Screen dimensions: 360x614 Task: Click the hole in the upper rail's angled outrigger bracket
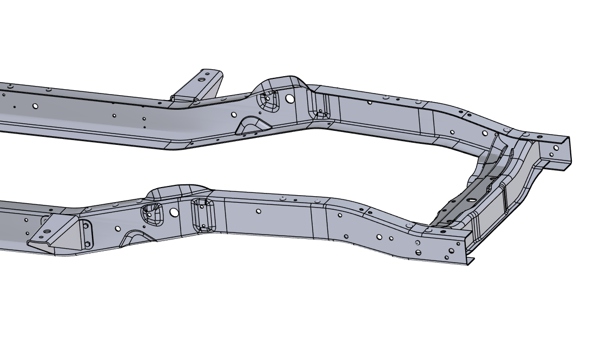(x=201, y=79)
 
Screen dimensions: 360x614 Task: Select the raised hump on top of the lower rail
(x=179, y=190)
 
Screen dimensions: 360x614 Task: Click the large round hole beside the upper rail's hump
(x=290, y=98)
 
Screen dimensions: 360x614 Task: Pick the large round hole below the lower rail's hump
(x=174, y=212)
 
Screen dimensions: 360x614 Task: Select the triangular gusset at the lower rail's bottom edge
(x=135, y=237)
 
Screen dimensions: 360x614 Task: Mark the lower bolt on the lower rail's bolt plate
(x=87, y=244)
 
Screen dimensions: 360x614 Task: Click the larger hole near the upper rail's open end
(x=556, y=148)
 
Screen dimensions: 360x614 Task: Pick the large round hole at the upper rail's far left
(x=35, y=106)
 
